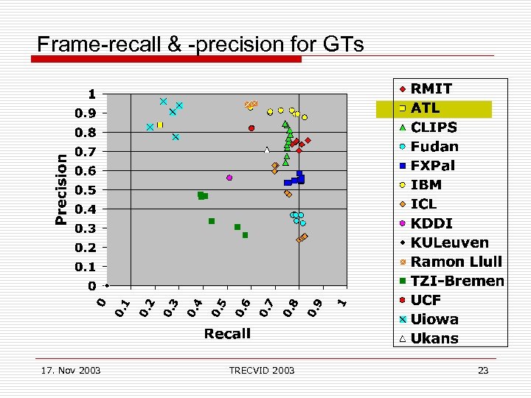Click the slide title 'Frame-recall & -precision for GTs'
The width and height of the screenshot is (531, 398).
click(200, 44)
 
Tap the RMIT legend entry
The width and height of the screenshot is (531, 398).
click(431, 88)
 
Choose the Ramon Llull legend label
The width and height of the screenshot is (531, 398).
click(456, 262)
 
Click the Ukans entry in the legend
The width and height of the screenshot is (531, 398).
click(434, 339)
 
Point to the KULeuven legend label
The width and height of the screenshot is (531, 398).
click(449, 242)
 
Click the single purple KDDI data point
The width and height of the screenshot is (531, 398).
click(229, 178)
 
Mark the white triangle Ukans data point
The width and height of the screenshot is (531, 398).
click(267, 150)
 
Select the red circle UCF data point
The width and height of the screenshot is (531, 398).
click(251, 128)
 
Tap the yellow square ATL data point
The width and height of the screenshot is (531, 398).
click(159, 125)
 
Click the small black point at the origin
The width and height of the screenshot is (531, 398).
click(106, 285)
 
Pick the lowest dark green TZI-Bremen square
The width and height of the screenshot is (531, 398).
click(245, 235)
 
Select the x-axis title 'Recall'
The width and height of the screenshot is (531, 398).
click(227, 334)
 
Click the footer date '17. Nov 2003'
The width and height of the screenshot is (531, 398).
click(72, 370)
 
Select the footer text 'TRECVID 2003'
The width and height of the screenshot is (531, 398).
click(262, 370)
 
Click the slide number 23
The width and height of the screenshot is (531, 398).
click(483, 370)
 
